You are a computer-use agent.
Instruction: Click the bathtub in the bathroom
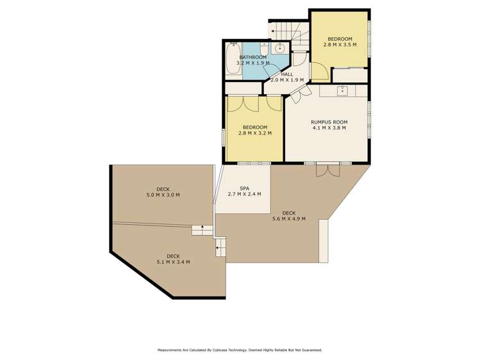click(x=232, y=59)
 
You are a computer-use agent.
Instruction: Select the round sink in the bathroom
click(x=280, y=48)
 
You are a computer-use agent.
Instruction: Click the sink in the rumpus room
click(x=342, y=91)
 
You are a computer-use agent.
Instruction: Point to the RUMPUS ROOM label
click(x=329, y=122)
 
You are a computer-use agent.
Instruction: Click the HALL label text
click(x=286, y=74)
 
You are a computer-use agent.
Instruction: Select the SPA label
click(x=244, y=188)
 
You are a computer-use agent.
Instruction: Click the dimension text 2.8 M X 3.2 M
click(x=254, y=133)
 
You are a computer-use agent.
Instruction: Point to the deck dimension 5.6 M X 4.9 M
click(x=288, y=219)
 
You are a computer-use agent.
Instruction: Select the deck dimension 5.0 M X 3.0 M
click(x=163, y=195)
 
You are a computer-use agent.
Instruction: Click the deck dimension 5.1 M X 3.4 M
click(x=173, y=262)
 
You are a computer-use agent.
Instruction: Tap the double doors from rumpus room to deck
click(x=327, y=169)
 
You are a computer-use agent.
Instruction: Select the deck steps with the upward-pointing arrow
click(x=202, y=229)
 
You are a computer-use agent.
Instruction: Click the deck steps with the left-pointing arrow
click(x=220, y=247)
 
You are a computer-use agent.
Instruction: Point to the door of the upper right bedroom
click(x=320, y=72)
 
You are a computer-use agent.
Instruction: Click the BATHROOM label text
click(x=252, y=57)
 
